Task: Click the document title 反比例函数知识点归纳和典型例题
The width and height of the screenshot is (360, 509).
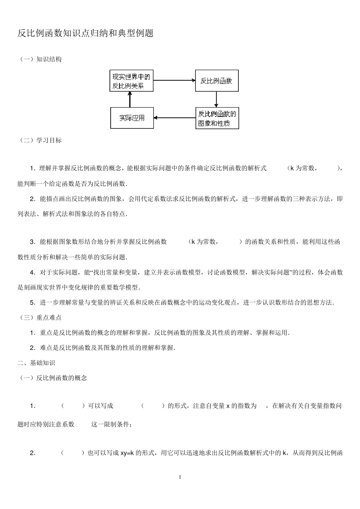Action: click(x=86, y=33)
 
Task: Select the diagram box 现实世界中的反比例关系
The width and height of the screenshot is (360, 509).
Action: click(x=131, y=81)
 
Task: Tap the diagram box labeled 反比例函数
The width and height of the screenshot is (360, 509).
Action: click(x=217, y=81)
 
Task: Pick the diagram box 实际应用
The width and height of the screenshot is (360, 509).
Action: click(x=132, y=118)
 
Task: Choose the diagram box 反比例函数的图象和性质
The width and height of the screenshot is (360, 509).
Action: click(x=217, y=118)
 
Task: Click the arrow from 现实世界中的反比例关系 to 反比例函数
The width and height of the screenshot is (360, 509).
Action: click(x=174, y=80)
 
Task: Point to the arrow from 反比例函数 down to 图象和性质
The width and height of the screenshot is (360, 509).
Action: click(x=216, y=99)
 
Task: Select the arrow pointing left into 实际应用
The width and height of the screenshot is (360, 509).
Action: click(x=174, y=118)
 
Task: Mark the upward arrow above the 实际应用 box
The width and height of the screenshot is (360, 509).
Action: click(x=130, y=99)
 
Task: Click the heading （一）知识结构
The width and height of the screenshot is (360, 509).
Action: click(x=40, y=59)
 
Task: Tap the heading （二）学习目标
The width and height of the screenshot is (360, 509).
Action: click(x=40, y=140)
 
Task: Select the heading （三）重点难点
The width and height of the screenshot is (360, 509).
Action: click(x=40, y=317)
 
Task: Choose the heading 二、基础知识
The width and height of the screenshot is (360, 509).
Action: click(x=36, y=363)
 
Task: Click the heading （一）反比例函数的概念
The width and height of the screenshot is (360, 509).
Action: click(x=52, y=378)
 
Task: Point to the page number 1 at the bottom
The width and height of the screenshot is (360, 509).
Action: click(x=180, y=477)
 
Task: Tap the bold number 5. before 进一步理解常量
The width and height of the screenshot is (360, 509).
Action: click(x=33, y=302)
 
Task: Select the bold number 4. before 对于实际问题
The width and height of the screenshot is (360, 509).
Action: click(x=33, y=272)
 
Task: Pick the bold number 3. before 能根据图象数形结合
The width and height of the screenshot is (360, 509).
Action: click(x=33, y=242)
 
